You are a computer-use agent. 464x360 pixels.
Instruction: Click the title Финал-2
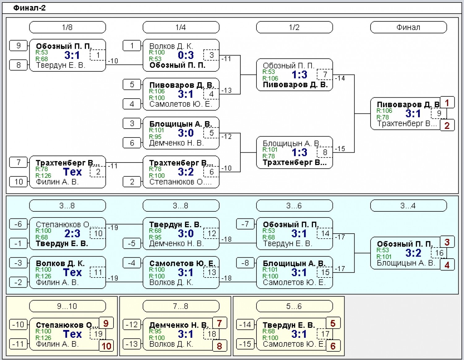[x=29, y=8]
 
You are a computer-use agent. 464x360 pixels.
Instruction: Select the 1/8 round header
[x=67, y=27]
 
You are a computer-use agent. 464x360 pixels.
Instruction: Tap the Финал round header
[x=408, y=27]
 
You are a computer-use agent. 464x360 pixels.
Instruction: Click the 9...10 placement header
[x=67, y=306]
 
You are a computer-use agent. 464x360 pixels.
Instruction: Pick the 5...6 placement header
[x=294, y=306]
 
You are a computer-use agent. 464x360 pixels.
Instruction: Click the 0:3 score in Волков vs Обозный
[x=186, y=55]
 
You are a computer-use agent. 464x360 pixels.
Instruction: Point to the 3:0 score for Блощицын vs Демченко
[x=186, y=133]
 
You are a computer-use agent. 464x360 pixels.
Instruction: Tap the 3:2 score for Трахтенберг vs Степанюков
[x=186, y=172]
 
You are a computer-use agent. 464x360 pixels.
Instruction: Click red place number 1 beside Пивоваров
[x=447, y=103]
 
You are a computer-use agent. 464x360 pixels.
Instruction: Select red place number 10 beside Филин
[x=106, y=346]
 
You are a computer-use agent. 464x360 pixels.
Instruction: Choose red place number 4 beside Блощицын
[x=447, y=265]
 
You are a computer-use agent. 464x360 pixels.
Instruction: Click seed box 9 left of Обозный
[x=18, y=46]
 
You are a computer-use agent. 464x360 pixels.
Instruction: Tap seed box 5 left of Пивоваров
[x=132, y=84]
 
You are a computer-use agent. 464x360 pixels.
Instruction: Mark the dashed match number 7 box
[x=325, y=74]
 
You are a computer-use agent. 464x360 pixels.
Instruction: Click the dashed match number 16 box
[x=439, y=253]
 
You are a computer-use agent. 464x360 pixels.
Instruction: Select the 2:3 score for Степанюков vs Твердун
[x=72, y=234]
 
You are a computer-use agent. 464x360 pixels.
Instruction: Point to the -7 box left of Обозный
[x=245, y=224]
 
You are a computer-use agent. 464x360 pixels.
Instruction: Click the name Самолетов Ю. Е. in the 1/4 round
[x=181, y=104]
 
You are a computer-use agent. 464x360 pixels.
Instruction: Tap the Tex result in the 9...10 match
[x=72, y=334]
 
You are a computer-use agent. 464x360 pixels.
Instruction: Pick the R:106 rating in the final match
[x=385, y=111]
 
